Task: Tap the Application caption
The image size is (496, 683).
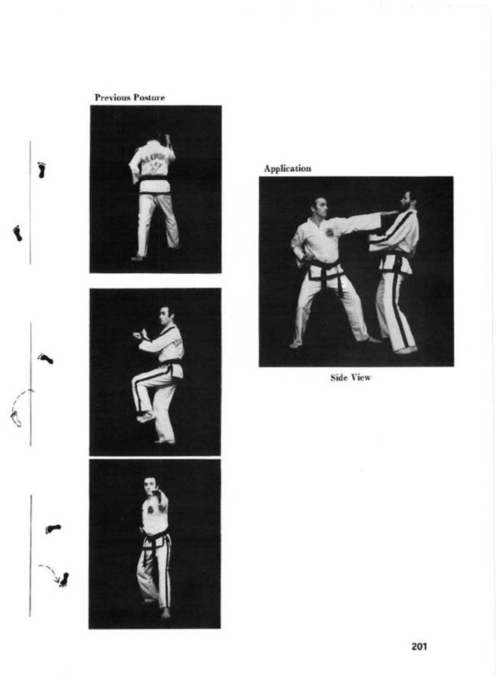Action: coord(287,169)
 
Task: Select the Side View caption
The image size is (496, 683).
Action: coord(350,378)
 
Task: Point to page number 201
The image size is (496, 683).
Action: coord(419,646)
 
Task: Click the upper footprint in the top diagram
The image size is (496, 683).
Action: coord(42,170)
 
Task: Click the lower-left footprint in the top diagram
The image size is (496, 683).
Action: coord(18,233)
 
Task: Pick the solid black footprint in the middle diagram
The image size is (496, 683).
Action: coord(46,359)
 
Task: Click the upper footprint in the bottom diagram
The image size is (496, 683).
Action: coord(54,529)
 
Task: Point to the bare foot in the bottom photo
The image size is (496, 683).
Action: coord(165,613)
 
